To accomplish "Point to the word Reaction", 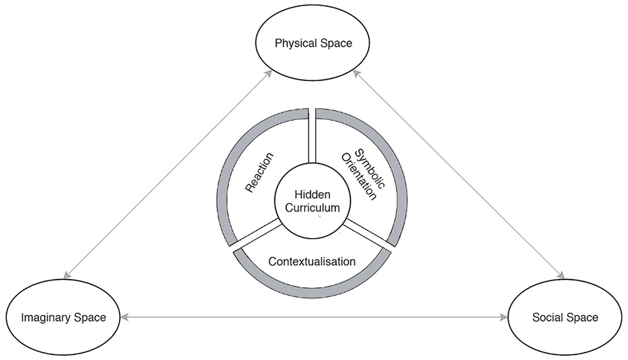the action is click(259, 172).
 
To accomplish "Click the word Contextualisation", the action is click(312, 261).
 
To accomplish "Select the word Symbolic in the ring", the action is click(370, 168).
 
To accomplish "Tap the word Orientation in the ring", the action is click(359, 177).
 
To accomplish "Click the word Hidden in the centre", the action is click(312, 194).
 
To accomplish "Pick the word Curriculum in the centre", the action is click(312, 208).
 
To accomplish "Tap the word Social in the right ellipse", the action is click(547, 317).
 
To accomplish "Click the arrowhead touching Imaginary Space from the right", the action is click(124, 317).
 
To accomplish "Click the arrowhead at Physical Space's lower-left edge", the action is click(269, 74).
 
